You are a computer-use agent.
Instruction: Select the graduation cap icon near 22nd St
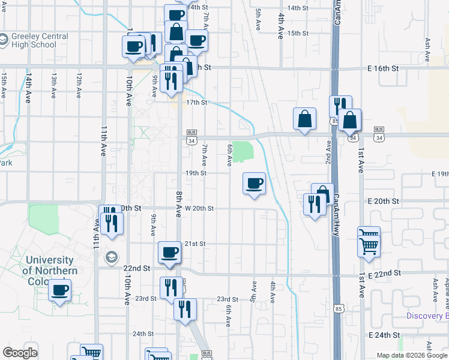pyautogui.click(x=111, y=257)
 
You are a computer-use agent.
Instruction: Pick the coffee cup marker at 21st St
pyautogui.click(x=170, y=252)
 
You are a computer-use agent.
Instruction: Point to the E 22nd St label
pyautogui.click(x=385, y=274)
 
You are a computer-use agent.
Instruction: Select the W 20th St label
pyautogui.click(x=199, y=208)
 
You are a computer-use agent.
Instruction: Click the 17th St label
pyautogui.click(x=196, y=103)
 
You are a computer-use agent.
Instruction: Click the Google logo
pyautogui.click(x=20, y=353)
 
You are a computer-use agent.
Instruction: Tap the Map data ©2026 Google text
pyautogui.click(x=411, y=355)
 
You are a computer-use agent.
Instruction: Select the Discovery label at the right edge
pyautogui.click(x=427, y=316)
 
